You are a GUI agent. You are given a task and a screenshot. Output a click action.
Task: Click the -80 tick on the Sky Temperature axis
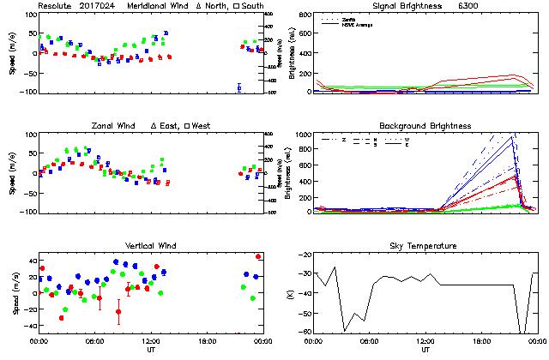307,332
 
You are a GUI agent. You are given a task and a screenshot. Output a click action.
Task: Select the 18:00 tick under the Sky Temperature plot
482,340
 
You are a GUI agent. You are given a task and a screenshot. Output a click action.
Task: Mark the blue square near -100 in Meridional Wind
239,87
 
